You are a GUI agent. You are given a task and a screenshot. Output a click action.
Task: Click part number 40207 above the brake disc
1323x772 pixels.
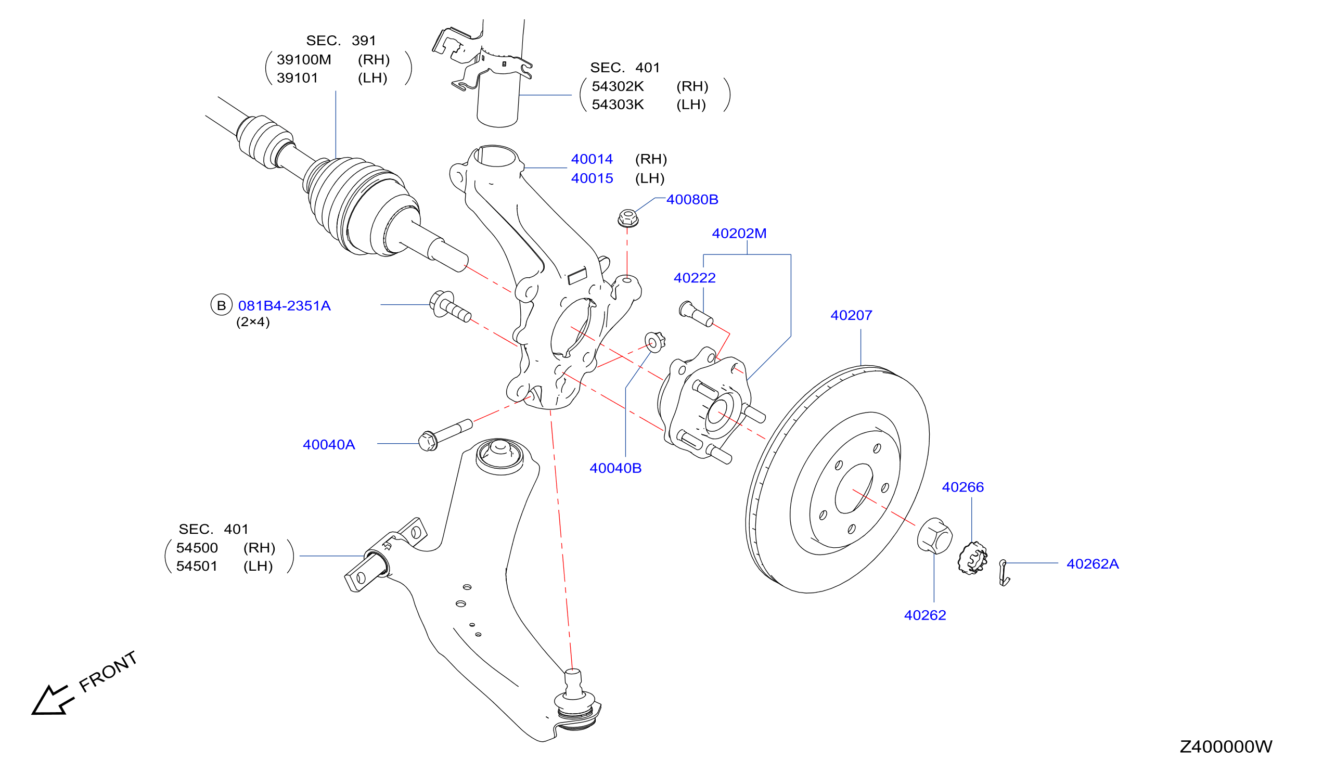[x=851, y=315]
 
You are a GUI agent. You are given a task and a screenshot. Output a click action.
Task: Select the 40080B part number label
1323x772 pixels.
[x=692, y=199]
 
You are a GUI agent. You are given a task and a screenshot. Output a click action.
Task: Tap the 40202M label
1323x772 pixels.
[x=739, y=234]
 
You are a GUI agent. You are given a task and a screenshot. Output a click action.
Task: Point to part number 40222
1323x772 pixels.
[x=695, y=278]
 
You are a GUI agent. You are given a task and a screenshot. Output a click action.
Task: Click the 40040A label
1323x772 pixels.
[x=329, y=445]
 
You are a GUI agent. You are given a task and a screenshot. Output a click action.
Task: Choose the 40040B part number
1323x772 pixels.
[x=615, y=469]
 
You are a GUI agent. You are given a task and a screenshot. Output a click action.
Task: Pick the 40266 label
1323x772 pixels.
[x=963, y=487]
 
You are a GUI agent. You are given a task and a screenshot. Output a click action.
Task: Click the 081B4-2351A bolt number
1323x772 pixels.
[x=285, y=306]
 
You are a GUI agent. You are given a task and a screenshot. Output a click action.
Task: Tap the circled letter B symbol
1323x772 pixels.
[x=221, y=305]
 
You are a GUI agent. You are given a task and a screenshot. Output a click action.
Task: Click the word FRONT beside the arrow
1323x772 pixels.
[x=108, y=672]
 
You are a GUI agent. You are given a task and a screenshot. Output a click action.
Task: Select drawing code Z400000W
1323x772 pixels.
[x=1226, y=747]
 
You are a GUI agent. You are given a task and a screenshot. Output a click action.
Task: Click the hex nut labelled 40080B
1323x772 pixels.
[x=628, y=218]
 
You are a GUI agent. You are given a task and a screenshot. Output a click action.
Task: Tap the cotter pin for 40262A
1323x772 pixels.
[x=1004, y=573]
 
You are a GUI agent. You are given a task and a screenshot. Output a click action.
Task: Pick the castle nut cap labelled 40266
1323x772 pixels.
[x=972, y=558]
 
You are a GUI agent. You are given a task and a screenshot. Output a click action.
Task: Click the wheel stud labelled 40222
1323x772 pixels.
[x=696, y=314]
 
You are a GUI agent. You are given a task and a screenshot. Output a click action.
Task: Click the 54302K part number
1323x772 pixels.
[x=618, y=86]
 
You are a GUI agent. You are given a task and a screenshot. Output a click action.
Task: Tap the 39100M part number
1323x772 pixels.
[x=304, y=60]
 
